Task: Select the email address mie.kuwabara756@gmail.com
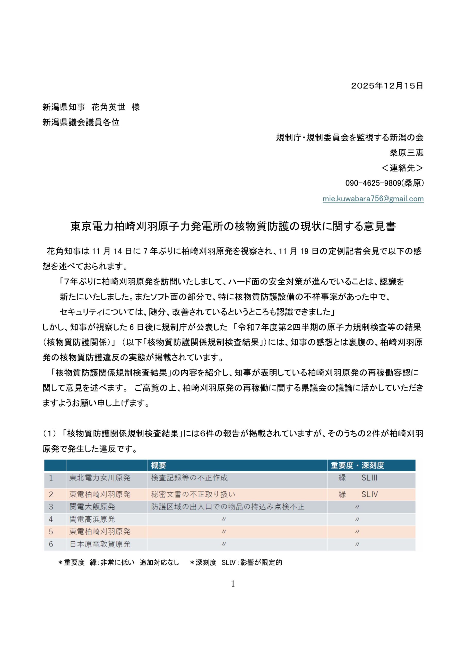pyautogui.click(x=373, y=199)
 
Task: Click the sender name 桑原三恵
pyautogui.click(x=406, y=153)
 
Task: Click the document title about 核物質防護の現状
pyautogui.click(x=233, y=227)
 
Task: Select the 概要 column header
pyautogui.click(x=159, y=465)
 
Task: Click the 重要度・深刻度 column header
pyautogui.click(x=357, y=465)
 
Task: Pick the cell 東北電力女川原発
pyautogui.click(x=100, y=478)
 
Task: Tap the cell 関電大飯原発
pyautogui.click(x=92, y=507)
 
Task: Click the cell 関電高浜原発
pyautogui.click(x=92, y=519)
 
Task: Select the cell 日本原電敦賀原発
pyautogui.click(x=100, y=544)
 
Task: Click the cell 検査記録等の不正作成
pyautogui.click(x=189, y=478)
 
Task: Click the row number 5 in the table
pyautogui.click(x=51, y=532)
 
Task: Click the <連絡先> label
pyautogui.click(x=402, y=168)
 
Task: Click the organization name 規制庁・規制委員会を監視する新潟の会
pyautogui.click(x=349, y=137)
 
